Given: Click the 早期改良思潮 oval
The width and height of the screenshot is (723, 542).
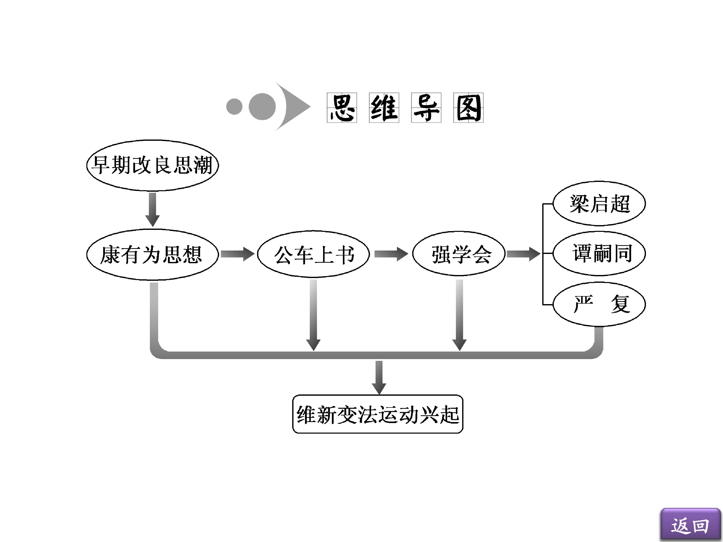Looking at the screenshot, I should [x=152, y=165].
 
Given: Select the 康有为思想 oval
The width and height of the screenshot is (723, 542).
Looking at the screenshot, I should [x=152, y=254].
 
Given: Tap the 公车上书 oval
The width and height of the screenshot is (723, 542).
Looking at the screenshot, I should [x=313, y=254].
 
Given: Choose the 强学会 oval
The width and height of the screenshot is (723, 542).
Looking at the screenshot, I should [x=459, y=254].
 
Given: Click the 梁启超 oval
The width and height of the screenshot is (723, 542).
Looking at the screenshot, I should [x=599, y=204].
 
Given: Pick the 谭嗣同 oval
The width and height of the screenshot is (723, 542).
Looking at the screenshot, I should [x=599, y=253].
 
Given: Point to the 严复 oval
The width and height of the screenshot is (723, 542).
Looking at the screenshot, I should [x=599, y=304].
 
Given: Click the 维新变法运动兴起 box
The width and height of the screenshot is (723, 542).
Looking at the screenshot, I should [x=378, y=414].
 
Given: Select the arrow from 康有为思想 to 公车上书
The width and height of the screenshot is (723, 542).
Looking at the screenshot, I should [x=237, y=254].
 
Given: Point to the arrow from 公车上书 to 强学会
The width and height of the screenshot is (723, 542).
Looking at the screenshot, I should [x=391, y=254].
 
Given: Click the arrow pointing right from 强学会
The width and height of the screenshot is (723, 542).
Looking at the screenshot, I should [x=523, y=254].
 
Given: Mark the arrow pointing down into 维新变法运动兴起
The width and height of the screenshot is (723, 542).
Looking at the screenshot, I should [x=379, y=377].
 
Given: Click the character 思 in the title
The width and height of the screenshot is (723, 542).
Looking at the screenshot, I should [x=342, y=108].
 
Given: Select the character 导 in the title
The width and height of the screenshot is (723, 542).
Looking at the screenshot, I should [x=426, y=108].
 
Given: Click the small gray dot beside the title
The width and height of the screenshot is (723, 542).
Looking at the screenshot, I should [x=234, y=106].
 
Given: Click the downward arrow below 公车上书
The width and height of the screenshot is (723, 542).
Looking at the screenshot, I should [x=313, y=315].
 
